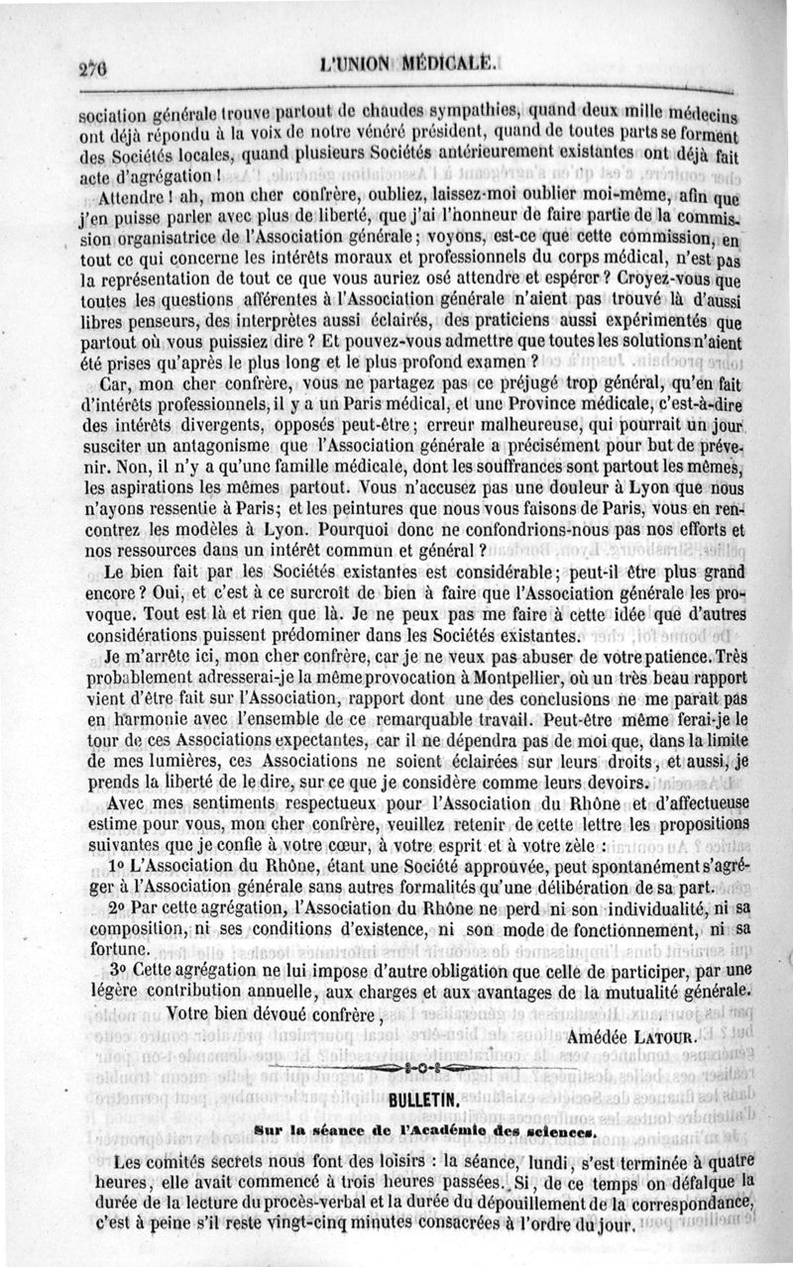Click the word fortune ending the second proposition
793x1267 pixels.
click(x=106, y=946)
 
